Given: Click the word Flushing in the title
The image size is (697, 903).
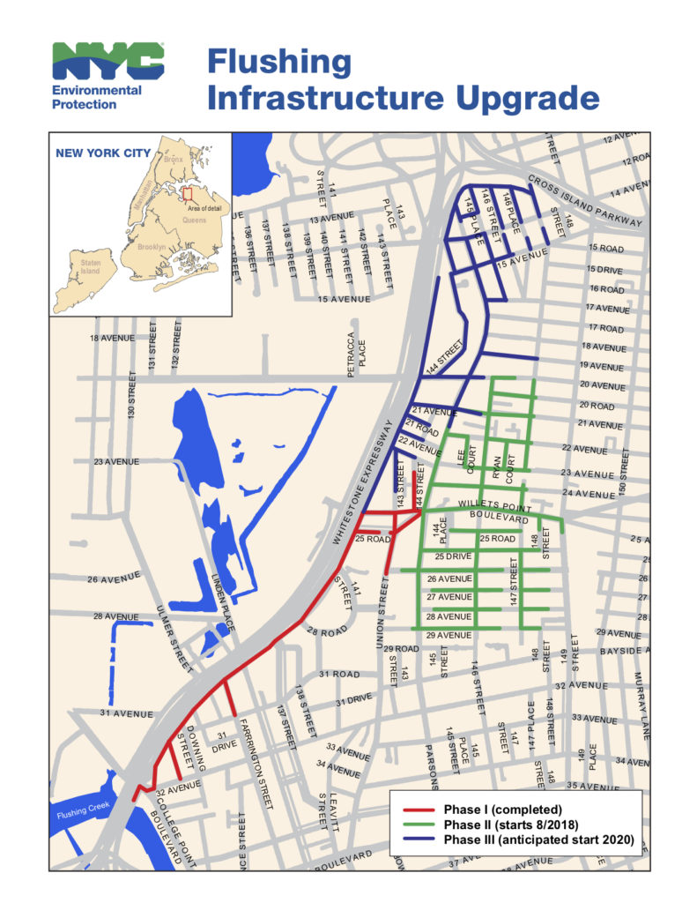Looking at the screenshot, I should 278,63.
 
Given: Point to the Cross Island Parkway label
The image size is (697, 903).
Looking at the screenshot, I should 586,201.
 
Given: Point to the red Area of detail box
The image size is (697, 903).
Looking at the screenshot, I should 185,191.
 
